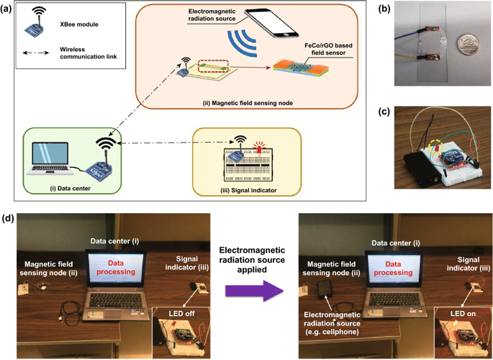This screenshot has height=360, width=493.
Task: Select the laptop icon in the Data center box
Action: tap(48, 158)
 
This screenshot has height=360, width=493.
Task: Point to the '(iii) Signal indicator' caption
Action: tap(249, 189)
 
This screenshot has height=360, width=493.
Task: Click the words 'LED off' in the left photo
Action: tap(186, 312)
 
